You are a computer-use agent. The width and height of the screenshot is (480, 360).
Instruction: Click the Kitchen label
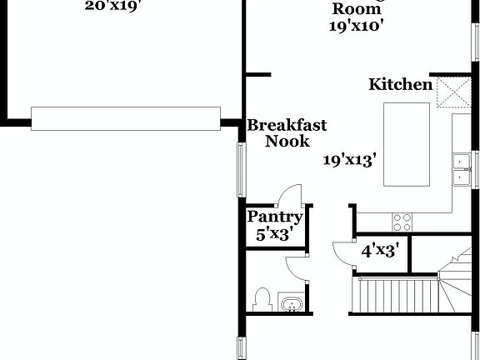[401, 84]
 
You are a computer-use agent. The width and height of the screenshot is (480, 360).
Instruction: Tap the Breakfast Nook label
[287, 133]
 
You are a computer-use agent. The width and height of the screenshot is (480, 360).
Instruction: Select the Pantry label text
[275, 217]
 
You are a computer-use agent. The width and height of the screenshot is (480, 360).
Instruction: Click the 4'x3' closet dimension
[379, 248]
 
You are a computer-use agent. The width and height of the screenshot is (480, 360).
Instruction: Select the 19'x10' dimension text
[357, 25]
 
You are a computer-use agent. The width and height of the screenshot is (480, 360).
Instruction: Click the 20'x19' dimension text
[112, 7]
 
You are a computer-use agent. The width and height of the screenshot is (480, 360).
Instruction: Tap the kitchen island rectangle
[406, 145]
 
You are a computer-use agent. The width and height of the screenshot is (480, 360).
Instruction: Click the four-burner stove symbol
[402, 222]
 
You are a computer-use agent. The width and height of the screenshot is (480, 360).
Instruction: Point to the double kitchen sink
[460, 168]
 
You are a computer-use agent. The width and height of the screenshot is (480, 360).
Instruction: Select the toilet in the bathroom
[262, 299]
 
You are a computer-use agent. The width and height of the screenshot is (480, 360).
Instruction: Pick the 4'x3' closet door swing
[343, 252]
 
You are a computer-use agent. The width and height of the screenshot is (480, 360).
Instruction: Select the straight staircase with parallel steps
[397, 297]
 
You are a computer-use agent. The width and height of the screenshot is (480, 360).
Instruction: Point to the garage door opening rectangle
[126, 118]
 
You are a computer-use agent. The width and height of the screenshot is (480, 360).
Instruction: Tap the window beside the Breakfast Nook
[241, 170]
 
